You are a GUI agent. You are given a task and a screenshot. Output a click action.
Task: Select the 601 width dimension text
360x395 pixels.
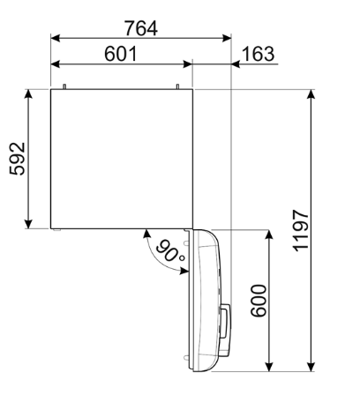tap(121, 53)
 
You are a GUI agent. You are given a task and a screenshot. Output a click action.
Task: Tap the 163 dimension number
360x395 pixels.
tap(257, 53)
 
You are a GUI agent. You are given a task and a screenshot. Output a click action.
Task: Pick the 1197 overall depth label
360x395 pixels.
tap(302, 231)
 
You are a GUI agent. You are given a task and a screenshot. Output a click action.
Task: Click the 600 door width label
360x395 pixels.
tap(257, 302)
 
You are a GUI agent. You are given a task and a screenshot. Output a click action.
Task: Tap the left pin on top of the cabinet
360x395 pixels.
tap(66, 86)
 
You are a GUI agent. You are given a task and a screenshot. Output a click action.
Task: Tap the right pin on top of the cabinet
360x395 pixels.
tap(178, 86)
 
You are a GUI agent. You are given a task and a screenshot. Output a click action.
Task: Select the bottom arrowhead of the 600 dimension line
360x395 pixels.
tap(269, 364)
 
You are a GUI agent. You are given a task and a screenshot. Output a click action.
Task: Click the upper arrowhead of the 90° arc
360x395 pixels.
tap(144, 234)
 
